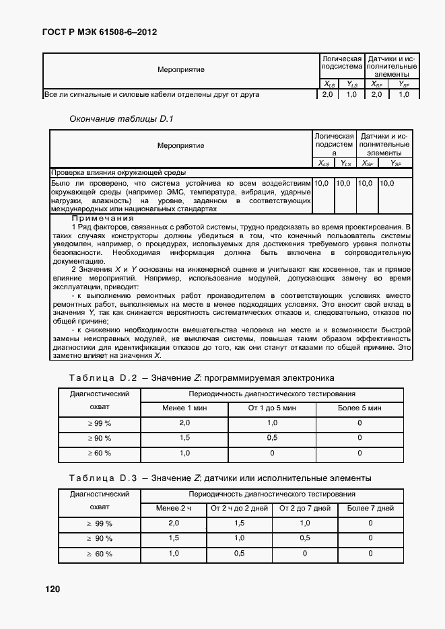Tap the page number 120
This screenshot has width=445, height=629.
coord(53,589)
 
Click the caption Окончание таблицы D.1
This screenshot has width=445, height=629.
coord(122,119)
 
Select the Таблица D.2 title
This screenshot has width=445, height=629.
coord(201,377)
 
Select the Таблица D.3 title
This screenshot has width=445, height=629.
coord(219,478)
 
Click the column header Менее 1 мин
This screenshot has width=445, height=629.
coord(184,408)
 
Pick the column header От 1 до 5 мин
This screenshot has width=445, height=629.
coord(272,408)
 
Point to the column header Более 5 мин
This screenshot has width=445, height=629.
coord(360,408)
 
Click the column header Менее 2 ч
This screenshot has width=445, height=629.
coord(173,508)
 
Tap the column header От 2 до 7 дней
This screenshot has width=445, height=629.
coord(304,508)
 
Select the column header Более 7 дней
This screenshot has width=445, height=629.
coord(370,508)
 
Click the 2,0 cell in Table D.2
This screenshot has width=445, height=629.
coord(184,423)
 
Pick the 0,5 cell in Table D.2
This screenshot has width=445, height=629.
coord(272,438)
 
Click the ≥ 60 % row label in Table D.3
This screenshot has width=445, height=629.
coord(99,553)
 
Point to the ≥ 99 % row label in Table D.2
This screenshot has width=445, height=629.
coord(99,423)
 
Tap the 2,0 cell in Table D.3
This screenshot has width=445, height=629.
coord(173,523)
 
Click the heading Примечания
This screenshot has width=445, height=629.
coord(103,218)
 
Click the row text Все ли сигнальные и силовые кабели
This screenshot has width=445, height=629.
coord(151,95)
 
